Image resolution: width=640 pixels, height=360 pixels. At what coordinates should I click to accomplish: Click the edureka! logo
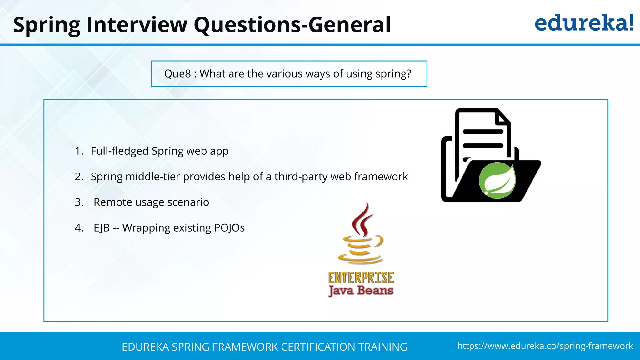584,23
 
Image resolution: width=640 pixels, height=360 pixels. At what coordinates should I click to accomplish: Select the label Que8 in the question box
177,74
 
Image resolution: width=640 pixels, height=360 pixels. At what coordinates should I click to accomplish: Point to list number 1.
79,151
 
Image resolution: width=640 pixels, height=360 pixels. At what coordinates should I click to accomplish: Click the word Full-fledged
120,151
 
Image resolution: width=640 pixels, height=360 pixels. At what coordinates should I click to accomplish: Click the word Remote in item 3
112,202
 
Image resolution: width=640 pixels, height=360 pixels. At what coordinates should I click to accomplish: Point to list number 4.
79,228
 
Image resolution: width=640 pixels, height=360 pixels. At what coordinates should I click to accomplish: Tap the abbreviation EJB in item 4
102,228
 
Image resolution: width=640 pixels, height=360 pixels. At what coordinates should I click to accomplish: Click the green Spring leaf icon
497,181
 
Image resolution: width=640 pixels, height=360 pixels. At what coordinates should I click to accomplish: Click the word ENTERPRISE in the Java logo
361,278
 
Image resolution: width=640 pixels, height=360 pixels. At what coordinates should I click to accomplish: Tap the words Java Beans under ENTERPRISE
361,291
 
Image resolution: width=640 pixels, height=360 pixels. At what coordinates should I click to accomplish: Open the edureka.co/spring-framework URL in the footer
545,346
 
